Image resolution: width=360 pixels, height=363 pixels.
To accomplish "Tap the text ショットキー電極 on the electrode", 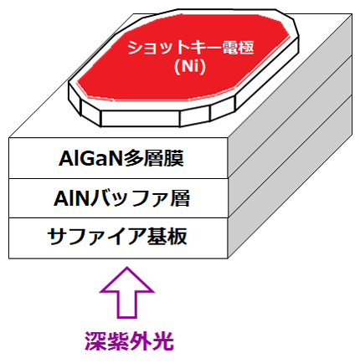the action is (x=191, y=48).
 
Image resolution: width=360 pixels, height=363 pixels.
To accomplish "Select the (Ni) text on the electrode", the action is (x=190, y=67).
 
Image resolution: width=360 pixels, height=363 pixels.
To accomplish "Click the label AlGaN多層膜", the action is (x=121, y=158).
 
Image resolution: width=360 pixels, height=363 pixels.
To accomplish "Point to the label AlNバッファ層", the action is (x=122, y=198).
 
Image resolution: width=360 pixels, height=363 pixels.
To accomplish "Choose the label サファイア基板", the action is (x=117, y=237).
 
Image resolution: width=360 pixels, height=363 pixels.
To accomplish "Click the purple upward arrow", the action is (x=127, y=292).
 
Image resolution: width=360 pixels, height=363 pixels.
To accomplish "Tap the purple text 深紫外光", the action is (x=130, y=341).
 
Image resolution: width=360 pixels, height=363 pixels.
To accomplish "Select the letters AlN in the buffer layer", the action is (x=71, y=198).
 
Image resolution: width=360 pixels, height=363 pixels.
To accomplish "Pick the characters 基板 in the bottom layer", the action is (x=167, y=237).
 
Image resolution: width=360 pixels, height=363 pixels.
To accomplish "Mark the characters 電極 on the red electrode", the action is (x=238, y=48).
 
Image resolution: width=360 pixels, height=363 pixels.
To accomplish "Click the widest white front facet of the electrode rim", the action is (x=141, y=118).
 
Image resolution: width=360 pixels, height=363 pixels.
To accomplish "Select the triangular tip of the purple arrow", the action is (x=127, y=279).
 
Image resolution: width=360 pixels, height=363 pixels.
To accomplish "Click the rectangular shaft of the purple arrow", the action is (x=127, y=305).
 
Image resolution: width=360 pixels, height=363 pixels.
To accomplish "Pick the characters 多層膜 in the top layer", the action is (x=154, y=158).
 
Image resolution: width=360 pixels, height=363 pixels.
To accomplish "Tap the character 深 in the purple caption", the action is (x=95, y=341).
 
